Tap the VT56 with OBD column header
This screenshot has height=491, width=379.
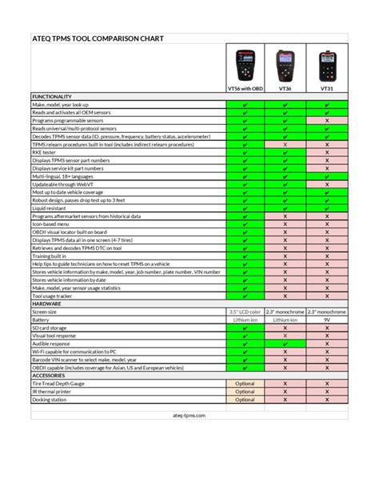coord(245,89)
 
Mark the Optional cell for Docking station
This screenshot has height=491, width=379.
coord(245,399)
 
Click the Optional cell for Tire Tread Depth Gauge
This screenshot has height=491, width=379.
coord(245,383)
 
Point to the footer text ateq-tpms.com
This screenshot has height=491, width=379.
coord(189,416)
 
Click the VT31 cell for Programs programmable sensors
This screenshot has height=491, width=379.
coord(326,120)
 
